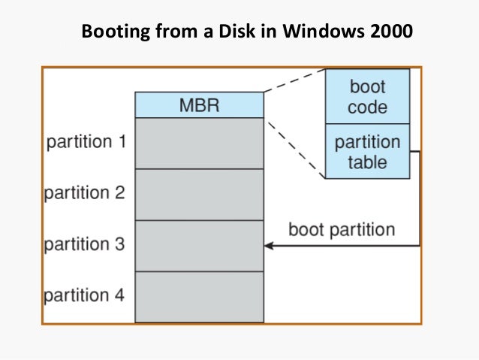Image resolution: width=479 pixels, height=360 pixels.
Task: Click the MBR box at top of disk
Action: pyautogui.click(x=199, y=105)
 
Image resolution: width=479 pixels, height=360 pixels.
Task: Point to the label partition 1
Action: pyautogui.click(x=86, y=142)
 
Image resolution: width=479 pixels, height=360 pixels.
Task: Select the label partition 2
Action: pyautogui.click(x=84, y=193)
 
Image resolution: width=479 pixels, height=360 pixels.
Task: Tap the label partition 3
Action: pyautogui.click(x=84, y=244)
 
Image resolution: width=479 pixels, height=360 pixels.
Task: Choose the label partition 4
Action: pyautogui.click(x=84, y=295)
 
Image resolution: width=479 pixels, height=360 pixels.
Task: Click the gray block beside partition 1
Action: pyautogui.click(x=199, y=143)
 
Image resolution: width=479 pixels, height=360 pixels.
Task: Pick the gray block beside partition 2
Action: pyautogui.click(x=199, y=194)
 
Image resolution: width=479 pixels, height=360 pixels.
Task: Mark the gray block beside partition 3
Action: pyautogui.click(x=199, y=245)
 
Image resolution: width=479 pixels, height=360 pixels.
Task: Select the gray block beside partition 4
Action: pyautogui.click(x=199, y=297)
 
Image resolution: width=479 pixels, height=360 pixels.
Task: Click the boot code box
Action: pyautogui.click(x=367, y=96)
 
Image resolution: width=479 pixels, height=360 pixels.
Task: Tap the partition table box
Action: pyautogui.click(x=367, y=151)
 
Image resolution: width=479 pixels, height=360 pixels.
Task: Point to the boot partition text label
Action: pyautogui.click(x=342, y=229)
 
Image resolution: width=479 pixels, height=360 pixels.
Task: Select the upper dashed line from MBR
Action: pyautogui.click(x=294, y=80)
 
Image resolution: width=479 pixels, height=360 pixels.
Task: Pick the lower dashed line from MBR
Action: pyautogui.click(x=294, y=147)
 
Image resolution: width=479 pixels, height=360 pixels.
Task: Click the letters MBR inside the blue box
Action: pyautogui.click(x=199, y=105)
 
